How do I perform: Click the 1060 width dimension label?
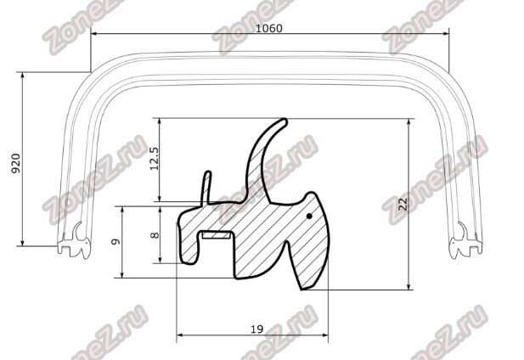point(269,28)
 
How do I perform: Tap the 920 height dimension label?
point(16,163)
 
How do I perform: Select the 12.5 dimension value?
point(155,158)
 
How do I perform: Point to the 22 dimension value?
point(403,204)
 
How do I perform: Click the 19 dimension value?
point(256,329)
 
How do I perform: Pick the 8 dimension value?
point(155,235)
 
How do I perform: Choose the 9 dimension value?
point(116,241)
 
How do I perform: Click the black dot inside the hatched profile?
point(309,217)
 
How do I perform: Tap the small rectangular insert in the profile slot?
point(216,235)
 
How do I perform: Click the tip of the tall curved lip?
point(285,121)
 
